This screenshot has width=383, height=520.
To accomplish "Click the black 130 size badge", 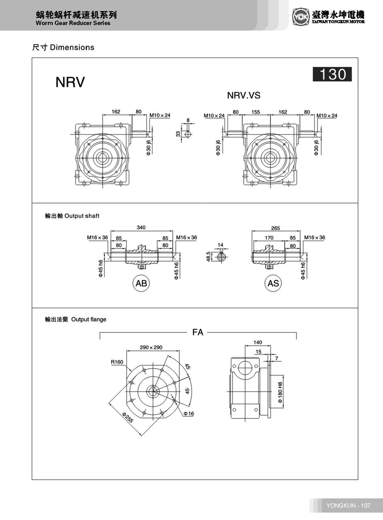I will pos(332,74).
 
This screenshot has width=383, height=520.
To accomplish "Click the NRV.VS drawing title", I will pos(244,95).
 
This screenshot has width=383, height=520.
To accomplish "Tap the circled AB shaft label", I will pos(141,283).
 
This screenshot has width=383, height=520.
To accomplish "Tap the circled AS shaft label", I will pos(273,283).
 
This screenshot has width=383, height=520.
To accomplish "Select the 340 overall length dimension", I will pos(141,228).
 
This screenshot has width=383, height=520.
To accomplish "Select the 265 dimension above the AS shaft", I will pos(275,228).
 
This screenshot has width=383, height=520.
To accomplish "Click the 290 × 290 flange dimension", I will pos(151,347).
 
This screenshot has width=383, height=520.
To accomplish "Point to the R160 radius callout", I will pos(117,362).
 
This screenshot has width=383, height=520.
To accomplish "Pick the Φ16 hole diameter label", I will pos(189,413).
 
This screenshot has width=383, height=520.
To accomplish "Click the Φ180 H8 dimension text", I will pos(280,392).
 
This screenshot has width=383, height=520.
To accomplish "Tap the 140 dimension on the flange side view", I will pos(257,342).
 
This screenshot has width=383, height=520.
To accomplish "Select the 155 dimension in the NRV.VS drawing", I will pos(256,112).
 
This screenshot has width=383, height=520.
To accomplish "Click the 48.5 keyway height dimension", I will pos(209,256).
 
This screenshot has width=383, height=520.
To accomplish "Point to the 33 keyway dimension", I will pos(178,134).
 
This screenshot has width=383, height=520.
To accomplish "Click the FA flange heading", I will pos(198,332).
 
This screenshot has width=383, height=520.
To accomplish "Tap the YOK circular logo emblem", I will pos(300,16).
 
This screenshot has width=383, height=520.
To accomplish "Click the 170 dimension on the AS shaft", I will pos(269,238).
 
